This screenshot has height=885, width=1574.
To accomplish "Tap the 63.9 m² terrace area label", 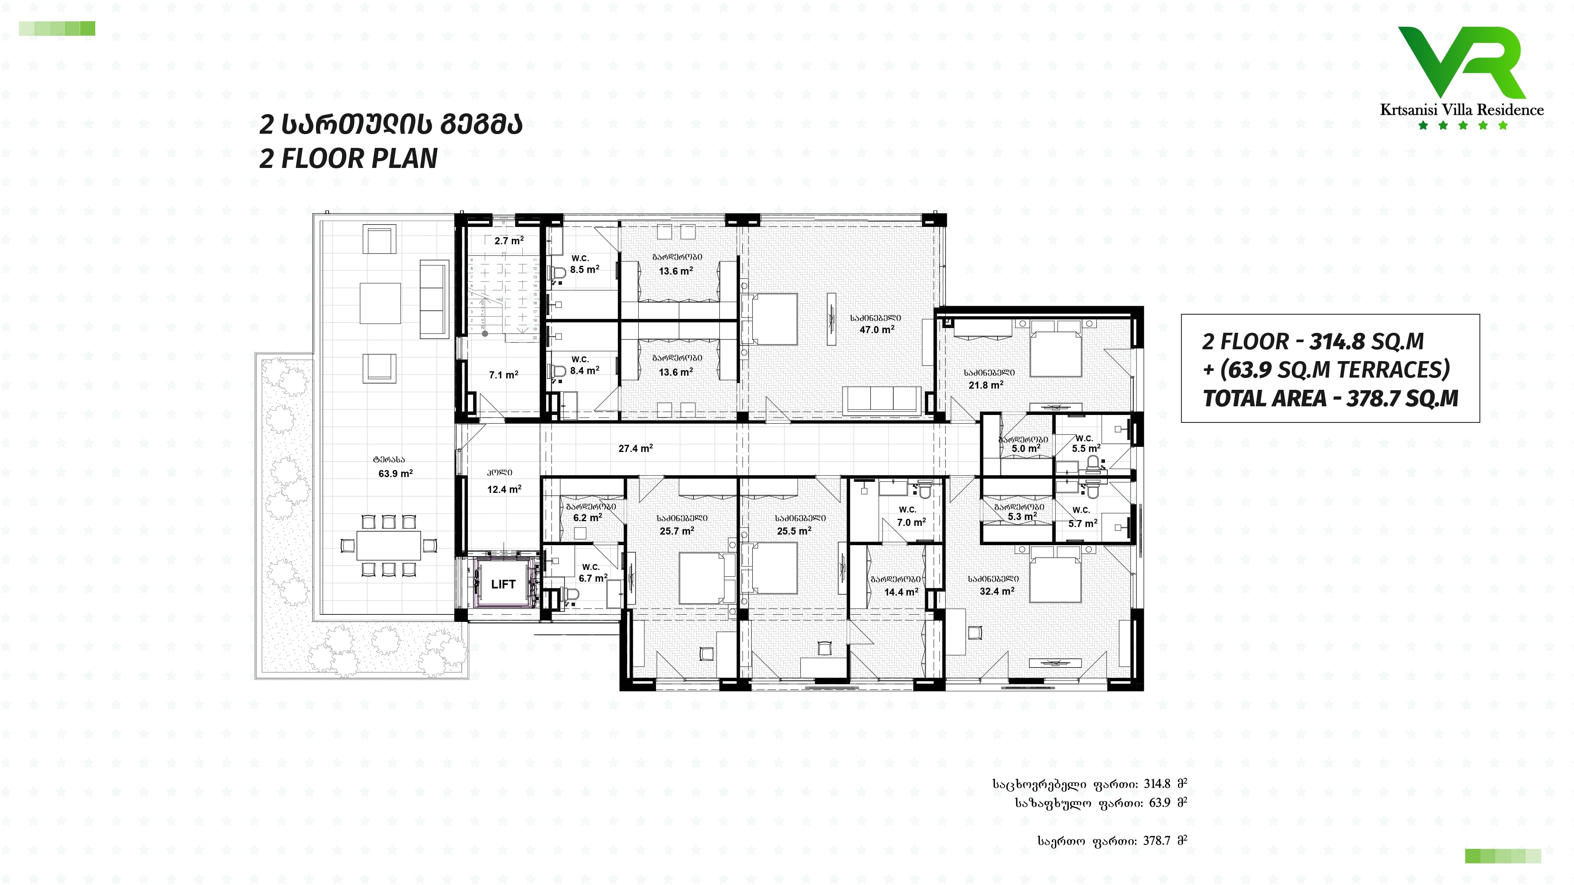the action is click(x=395, y=473).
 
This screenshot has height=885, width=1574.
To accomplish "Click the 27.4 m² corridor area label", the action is click(x=636, y=448).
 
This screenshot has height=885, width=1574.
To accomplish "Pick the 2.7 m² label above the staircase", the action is click(x=509, y=241).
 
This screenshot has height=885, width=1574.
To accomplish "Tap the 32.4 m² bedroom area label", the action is click(x=997, y=591).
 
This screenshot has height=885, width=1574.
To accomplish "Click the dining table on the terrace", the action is click(x=389, y=545).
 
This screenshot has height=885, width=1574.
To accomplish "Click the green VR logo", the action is click(x=1461, y=62).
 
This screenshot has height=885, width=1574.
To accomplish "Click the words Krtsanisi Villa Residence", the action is click(x=1461, y=110).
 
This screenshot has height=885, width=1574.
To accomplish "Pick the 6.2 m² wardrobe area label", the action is click(x=587, y=517).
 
